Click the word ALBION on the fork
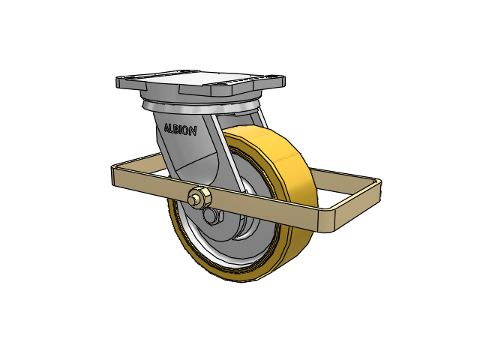[x=180, y=130]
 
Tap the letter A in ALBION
[x=167, y=127]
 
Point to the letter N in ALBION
[x=193, y=132]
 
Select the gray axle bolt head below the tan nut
[x=213, y=217]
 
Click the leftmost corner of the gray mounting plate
[x=117, y=80]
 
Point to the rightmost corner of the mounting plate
[x=284, y=80]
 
